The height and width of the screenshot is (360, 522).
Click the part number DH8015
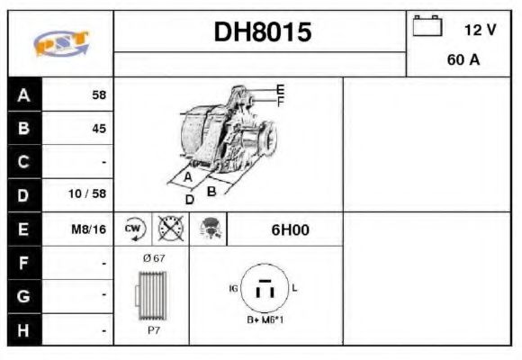click(262, 32)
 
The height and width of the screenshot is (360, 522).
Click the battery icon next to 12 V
click(427, 28)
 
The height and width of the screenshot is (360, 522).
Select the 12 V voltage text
click(480, 30)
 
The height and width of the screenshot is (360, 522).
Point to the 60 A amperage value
click(462, 61)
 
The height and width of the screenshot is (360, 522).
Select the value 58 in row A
click(98, 94)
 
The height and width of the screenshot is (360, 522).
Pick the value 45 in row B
click(98, 128)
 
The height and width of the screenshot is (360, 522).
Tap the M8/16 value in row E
click(89, 229)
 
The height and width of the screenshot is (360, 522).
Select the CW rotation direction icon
click(133, 229)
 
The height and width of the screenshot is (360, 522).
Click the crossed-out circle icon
click(168, 229)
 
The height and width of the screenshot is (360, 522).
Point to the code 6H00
click(290, 229)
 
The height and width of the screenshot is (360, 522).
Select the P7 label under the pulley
click(153, 330)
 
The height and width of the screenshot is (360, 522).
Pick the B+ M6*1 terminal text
click(265, 320)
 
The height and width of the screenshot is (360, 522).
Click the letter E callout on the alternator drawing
click(280, 89)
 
